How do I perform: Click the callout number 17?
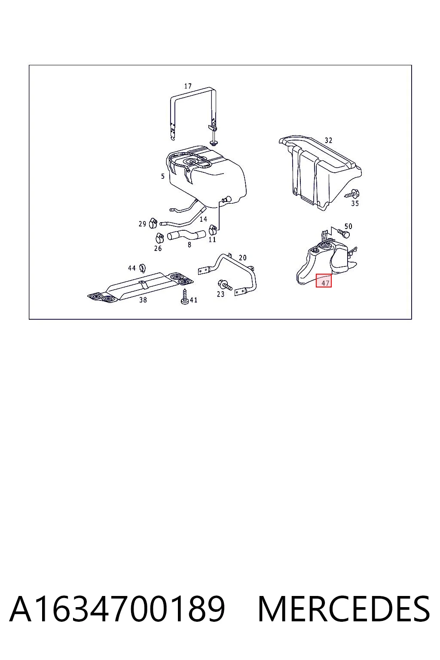[188, 86]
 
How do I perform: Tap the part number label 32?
[328, 141]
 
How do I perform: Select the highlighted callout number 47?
[325, 283]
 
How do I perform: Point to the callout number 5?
[163, 176]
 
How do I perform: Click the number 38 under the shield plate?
[143, 299]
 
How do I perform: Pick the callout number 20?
[242, 258]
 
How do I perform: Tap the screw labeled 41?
[185, 297]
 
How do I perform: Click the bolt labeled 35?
[352, 194]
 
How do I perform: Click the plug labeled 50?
[344, 234]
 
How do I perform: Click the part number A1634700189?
[117, 609]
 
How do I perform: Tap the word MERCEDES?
[344, 609]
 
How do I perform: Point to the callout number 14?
[203, 219]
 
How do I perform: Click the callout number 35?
[355, 203]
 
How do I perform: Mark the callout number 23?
[220, 294]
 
